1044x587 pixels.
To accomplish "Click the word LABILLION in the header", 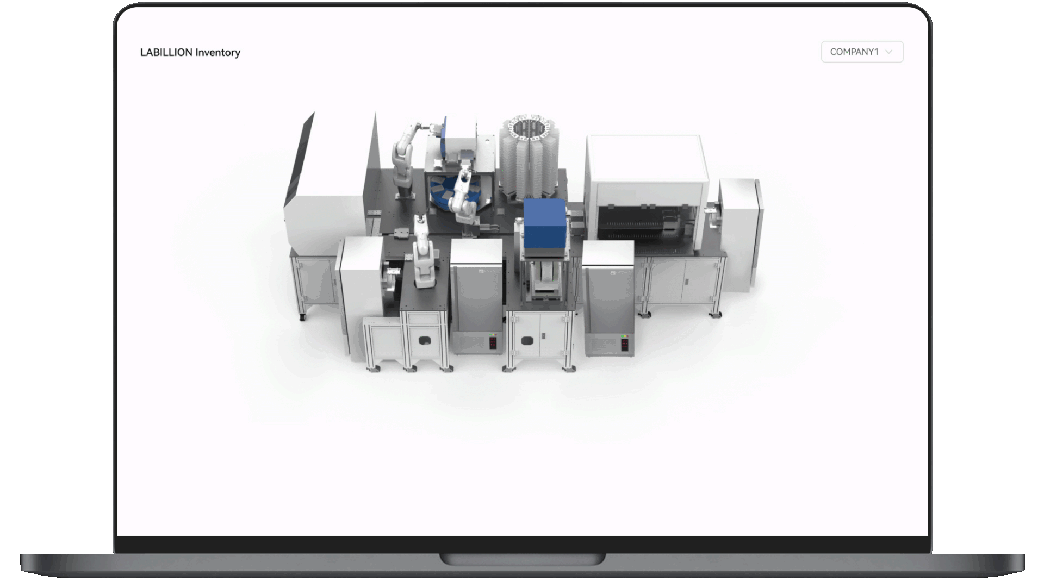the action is tap(166, 52).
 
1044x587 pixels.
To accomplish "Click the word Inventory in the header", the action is tap(217, 53).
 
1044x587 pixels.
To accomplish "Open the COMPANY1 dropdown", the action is tap(862, 52).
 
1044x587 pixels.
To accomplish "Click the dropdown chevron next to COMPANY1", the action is tap(889, 52).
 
